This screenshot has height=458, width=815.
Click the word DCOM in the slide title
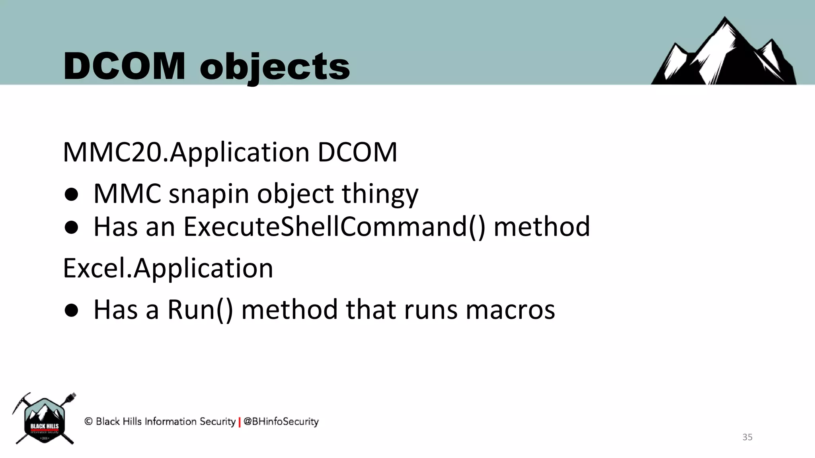point(124,66)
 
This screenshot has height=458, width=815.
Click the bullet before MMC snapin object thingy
point(72,195)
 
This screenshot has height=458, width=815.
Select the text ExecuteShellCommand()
point(334,227)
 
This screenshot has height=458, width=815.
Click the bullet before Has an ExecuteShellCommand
point(72,228)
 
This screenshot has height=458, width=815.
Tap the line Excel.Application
point(168,268)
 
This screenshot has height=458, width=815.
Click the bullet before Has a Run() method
point(72,311)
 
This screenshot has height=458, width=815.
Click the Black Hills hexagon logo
point(45,419)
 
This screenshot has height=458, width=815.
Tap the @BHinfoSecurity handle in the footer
point(281,421)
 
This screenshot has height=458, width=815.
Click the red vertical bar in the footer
point(240,422)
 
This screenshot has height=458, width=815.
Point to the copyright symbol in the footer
point(88,421)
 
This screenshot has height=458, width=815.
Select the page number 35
point(747,437)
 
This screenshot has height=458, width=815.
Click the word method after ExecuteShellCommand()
point(542,227)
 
